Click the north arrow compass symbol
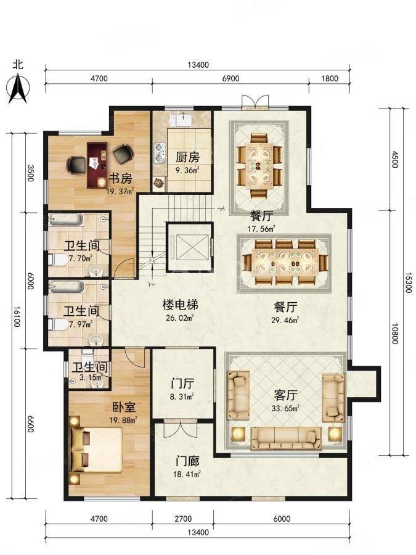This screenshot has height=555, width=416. [x=18, y=88]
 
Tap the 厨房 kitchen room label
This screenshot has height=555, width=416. [x=187, y=157]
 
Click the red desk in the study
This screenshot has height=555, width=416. [x=97, y=165]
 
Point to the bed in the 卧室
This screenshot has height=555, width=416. [x=96, y=450]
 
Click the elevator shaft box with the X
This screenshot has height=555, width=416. [x=189, y=247]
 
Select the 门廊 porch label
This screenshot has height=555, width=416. [x=187, y=461]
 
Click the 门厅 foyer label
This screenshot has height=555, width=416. [x=182, y=384]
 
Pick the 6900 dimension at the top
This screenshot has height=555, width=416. [x=230, y=78]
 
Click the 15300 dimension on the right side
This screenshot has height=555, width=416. [x=408, y=282]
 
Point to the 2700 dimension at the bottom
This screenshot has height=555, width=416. [x=183, y=519]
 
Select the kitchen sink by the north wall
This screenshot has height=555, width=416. [x=183, y=120]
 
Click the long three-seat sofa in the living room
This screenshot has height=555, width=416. [x=286, y=438]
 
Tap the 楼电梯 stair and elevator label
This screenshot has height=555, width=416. [x=180, y=305]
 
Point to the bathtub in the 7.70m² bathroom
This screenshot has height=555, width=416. [x=66, y=220]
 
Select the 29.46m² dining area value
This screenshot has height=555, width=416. [x=285, y=320]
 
